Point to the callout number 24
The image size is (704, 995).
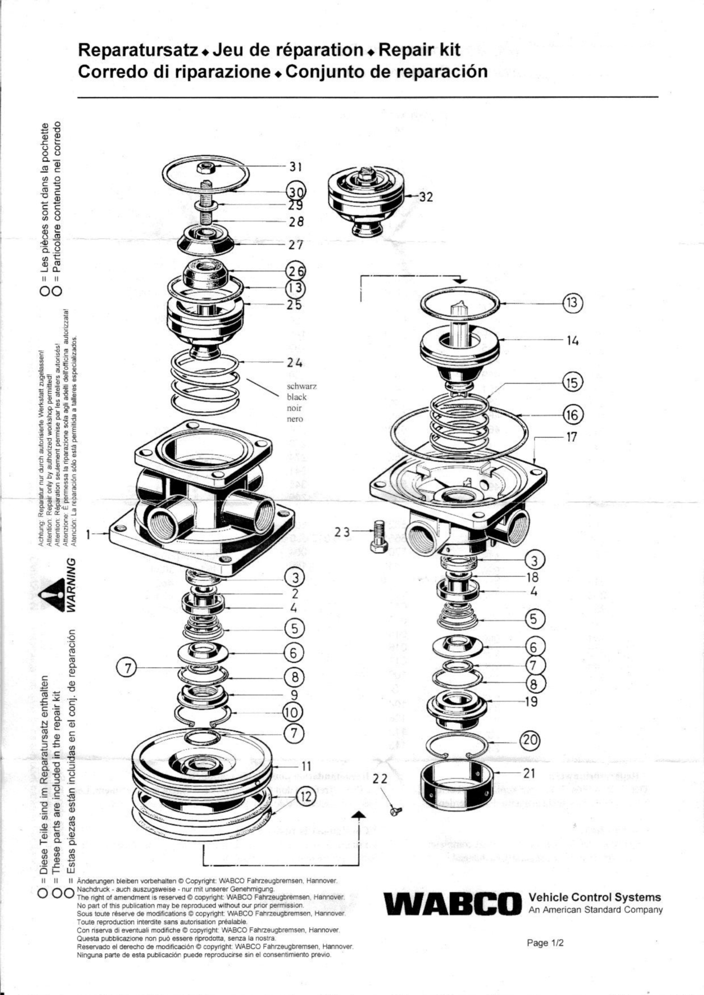point(294,363)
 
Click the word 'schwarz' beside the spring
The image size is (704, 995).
point(302,386)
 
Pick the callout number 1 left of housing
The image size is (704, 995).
point(89,535)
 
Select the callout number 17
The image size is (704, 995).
point(572,437)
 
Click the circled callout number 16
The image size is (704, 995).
point(573,414)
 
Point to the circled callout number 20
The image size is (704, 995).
point(530,740)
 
